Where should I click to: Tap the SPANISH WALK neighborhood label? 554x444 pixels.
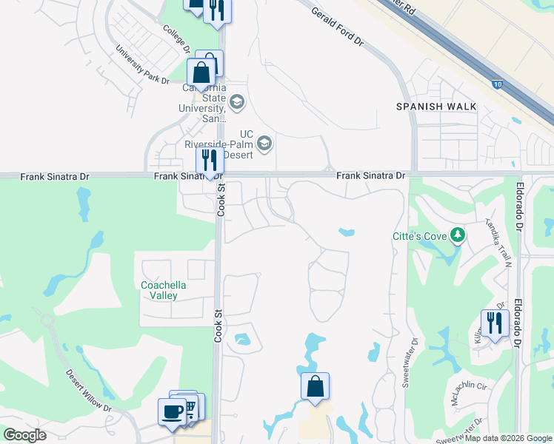coord(436,107)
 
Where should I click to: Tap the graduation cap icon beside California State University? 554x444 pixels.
coord(237,102)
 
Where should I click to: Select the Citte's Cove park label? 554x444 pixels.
coord(419,237)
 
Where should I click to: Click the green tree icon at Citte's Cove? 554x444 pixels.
coord(458,236)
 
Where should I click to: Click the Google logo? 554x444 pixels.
coord(24,435)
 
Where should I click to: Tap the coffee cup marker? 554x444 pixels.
coord(172,411)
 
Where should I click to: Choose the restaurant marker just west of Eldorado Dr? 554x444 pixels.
coord(494,323)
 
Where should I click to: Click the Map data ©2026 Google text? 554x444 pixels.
coord(507,438)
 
